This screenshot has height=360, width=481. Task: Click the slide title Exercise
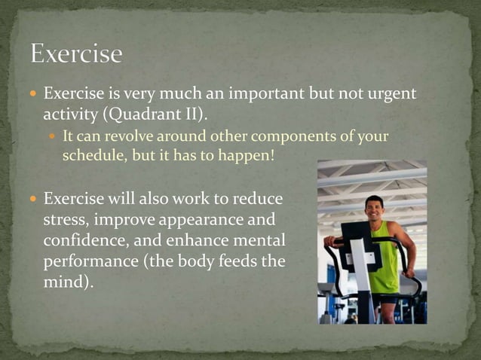click(75, 53)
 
